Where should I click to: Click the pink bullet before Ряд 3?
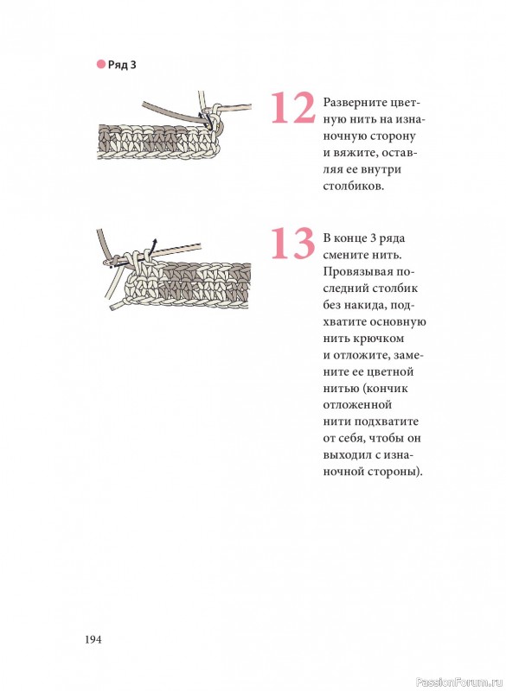pos(100,64)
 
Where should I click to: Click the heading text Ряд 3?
pos(122,65)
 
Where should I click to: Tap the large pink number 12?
pos(292,107)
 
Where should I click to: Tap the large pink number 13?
pos(292,243)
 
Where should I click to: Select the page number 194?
pos(93,639)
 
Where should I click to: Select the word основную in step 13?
pos(398,322)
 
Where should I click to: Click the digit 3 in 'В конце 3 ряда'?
pos(373,238)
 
